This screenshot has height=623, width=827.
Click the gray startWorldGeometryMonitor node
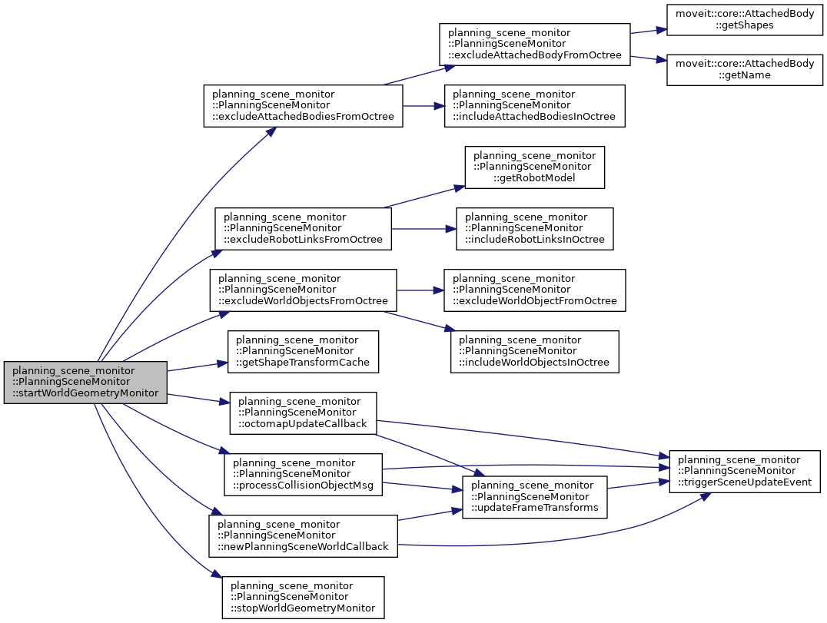(85, 382)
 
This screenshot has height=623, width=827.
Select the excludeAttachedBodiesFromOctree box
(303, 105)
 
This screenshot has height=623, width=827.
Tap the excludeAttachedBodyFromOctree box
(534, 45)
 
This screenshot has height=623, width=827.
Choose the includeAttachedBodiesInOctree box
(534, 105)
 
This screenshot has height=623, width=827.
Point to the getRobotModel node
(535, 167)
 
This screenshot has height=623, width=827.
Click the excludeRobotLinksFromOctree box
(303, 228)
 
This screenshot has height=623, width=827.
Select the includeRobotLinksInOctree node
(535, 228)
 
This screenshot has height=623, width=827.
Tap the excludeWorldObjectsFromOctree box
(304, 290)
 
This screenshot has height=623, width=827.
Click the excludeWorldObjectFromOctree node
(535, 290)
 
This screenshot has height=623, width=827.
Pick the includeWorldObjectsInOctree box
(535, 351)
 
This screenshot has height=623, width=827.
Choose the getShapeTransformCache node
(303, 351)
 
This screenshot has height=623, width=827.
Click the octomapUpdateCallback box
(303, 413)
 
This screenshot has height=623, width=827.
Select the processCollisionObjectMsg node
(303, 474)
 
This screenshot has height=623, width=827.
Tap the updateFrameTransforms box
(534, 496)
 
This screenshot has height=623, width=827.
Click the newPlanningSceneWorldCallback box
(303, 535)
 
